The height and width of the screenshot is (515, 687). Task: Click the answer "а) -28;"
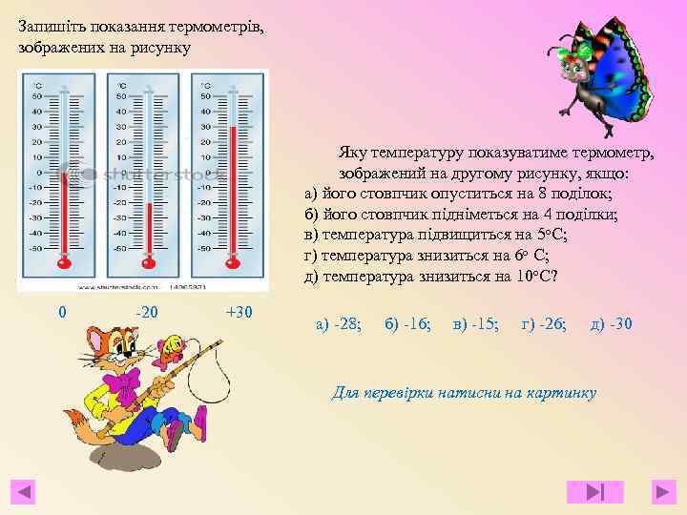point(338,324)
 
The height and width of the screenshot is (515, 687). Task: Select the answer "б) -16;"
point(407,324)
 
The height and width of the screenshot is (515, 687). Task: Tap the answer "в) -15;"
point(475,324)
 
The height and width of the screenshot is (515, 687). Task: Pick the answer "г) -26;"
point(544,324)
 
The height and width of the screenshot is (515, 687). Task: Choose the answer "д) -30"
point(611,324)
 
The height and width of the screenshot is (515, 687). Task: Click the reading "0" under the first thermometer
point(62,312)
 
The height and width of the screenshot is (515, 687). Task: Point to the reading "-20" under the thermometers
point(148,312)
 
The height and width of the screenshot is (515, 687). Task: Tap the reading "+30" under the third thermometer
point(239,312)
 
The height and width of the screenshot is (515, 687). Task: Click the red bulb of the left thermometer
point(65,260)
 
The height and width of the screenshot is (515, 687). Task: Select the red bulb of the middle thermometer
point(148,260)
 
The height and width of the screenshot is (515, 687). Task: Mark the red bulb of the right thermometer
point(232,260)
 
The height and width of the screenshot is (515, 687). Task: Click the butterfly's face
point(576,69)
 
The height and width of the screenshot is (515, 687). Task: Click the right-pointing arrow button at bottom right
point(664,492)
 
